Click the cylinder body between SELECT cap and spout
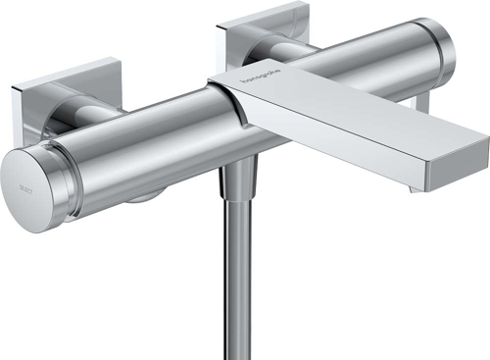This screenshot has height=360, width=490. coord(137,147)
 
